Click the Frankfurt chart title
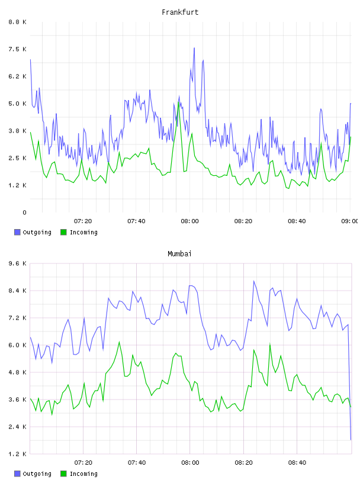pyautogui.click(x=180, y=12)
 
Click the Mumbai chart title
pyautogui.click(x=179, y=254)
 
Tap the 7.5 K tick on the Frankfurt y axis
pyautogui.click(x=18, y=49)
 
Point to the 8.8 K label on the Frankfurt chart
pyautogui.click(x=18, y=22)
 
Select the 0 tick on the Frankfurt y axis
pyautogui.click(x=24, y=212)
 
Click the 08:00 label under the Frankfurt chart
pyautogui.click(x=190, y=221)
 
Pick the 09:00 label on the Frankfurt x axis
pyautogui.click(x=349, y=221)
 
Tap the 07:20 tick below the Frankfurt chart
pyautogui.click(x=83, y=221)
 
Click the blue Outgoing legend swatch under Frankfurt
pyautogui.click(x=17, y=232)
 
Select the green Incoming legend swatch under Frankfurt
pyautogui.click(x=63, y=232)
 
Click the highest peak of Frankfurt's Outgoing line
pyautogui.click(x=194, y=48)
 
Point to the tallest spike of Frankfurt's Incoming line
pyautogui.click(x=179, y=102)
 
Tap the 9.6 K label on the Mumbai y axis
pyautogui.click(x=18, y=263)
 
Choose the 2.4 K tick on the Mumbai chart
pyautogui.click(x=18, y=427)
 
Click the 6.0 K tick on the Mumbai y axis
pyautogui.click(x=18, y=345)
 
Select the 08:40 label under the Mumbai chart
pyautogui.click(x=297, y=463)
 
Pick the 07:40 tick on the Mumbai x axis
pyautogui.click(x=137, y=463)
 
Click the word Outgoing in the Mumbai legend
pyautogui.click(x=37, y=474)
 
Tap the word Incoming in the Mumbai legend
pyautogui.click(x=83, y=474)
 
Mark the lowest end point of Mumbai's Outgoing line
pyautogui.click(x=351, y=440)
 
